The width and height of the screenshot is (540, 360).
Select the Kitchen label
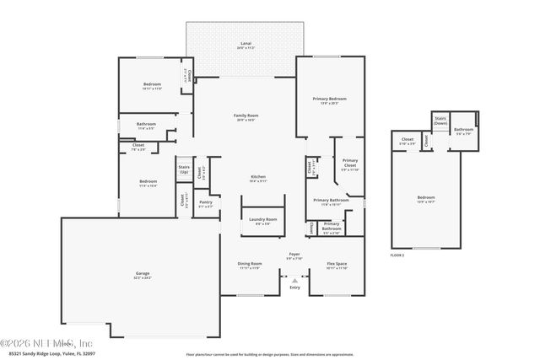pos(258,176)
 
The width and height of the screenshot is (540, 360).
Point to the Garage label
pos(143,273)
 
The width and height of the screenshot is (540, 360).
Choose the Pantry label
pos(205,201)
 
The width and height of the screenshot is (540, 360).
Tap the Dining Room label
pos(250,263)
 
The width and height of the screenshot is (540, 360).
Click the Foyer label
pos(294,253)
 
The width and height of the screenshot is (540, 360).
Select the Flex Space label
pos(337,263)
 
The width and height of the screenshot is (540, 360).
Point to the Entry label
pos(294,287)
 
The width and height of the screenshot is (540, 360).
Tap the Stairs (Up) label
pos(184,169)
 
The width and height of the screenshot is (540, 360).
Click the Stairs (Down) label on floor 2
pos(440,121)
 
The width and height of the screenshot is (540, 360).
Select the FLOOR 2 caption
pos(397,254)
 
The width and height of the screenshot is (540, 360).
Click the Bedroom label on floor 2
pos(425,198)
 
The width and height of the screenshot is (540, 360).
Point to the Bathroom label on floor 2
pos(463,129)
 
